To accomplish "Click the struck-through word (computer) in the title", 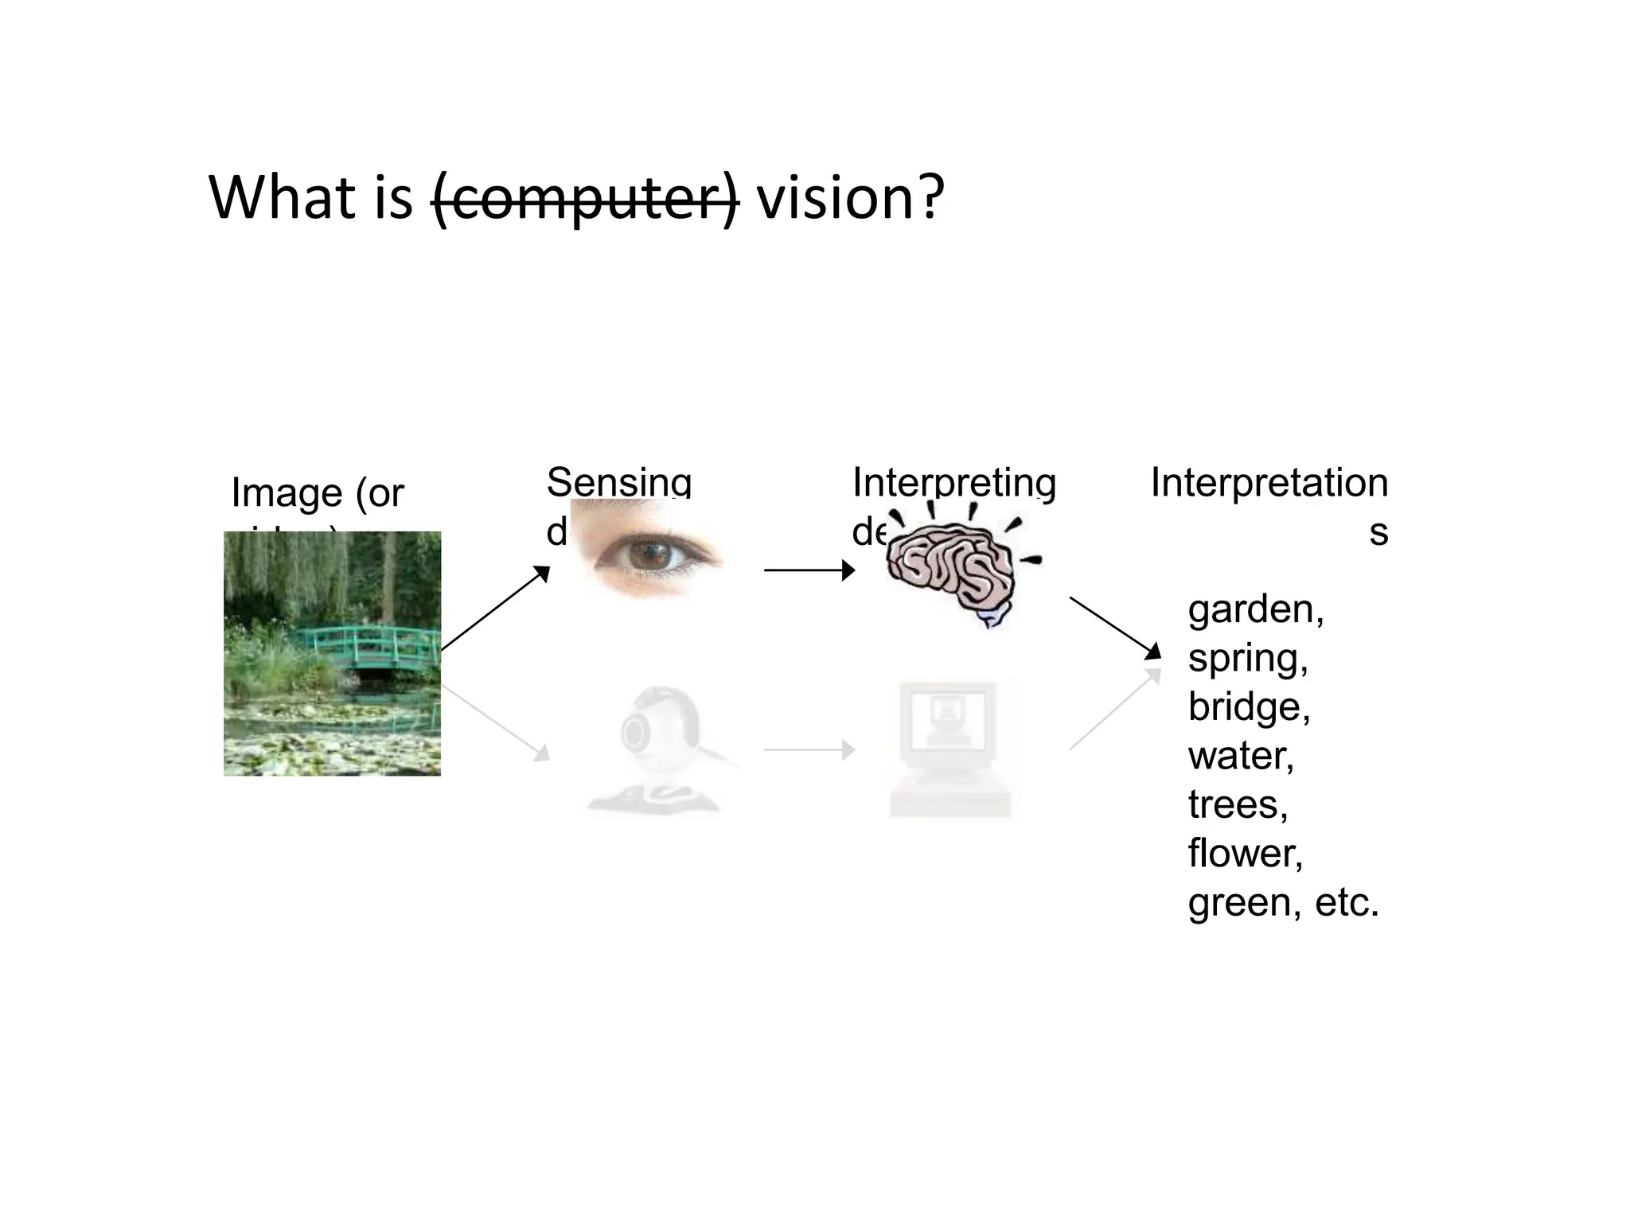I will point(586,198).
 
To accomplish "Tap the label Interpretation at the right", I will point(1269,483).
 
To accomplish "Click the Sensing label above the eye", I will point(618,482).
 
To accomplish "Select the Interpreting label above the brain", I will point(953,482).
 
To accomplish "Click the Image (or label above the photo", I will point(318,492).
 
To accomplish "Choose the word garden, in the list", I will point(1255,610).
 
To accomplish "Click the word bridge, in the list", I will point(1249,707).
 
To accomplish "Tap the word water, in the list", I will point(1241,756).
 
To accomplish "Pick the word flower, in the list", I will point(1245,854).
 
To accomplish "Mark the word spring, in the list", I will point(1247,659).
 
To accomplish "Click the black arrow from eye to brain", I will point(809,570).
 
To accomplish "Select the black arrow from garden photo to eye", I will point(495,609).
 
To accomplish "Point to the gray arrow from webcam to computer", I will point(809,749).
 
